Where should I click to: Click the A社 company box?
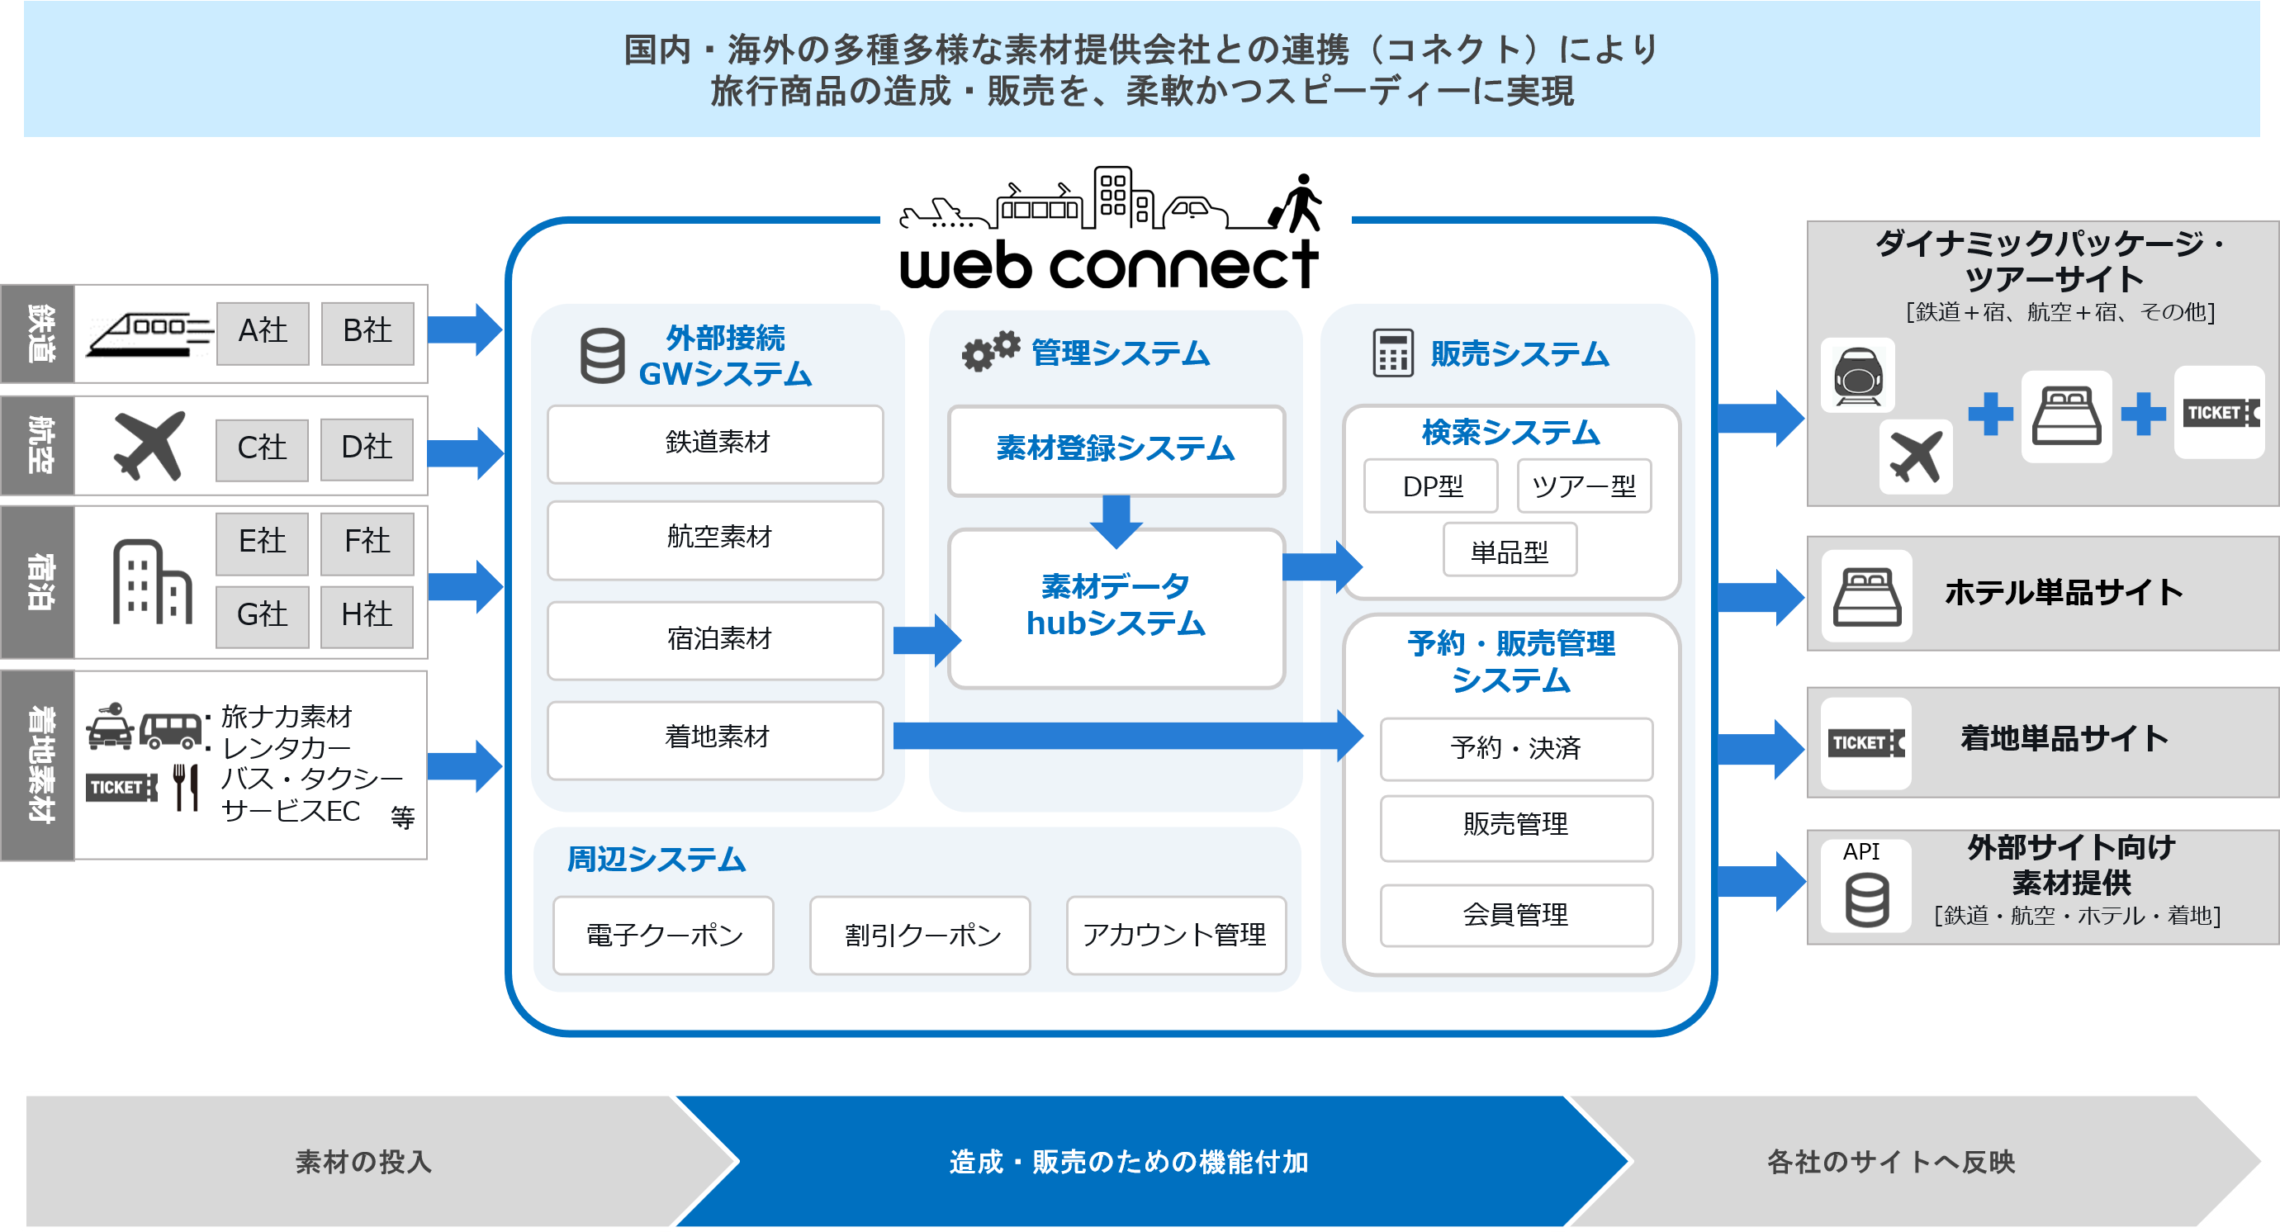pos(263,332)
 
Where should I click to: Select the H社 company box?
pos(367,615)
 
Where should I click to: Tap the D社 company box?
pos(367,448)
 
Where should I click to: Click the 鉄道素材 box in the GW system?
pos(715,443)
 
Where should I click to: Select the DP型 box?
pos(1431,486)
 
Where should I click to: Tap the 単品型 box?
pos(1509,551)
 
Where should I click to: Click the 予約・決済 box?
pos(1515,749)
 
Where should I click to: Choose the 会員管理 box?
pos(1515,915)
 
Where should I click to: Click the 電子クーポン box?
pos(663,935)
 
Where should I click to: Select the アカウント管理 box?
pos(1175,935)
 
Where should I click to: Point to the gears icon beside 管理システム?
pos(990,352)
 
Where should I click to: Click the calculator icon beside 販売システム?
pos(1392,353)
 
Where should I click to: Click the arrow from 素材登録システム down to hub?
pos(1116,519)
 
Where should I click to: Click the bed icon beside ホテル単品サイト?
pos(1865,595)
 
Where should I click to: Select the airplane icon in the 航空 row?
pos(149,445)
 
